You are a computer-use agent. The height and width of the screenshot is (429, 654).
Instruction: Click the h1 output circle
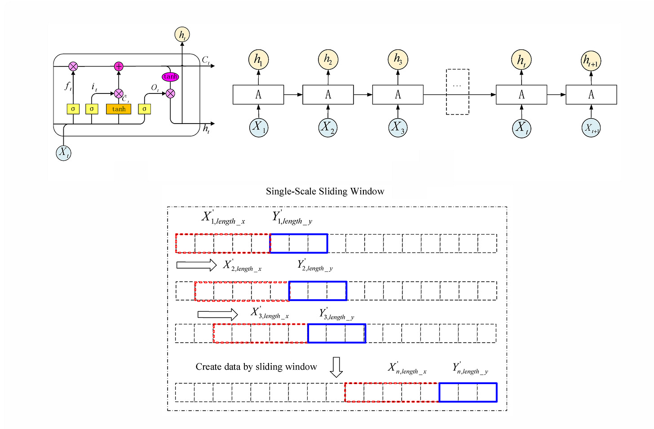258,59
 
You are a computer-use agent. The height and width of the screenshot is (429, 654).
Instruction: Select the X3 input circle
398,127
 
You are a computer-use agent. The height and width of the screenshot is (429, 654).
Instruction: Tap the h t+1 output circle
591,61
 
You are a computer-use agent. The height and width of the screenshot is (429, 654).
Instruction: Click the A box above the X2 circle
328,95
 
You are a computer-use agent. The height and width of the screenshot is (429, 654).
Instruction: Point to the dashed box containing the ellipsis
457,92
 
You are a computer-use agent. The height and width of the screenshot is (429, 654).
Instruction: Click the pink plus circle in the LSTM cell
119,66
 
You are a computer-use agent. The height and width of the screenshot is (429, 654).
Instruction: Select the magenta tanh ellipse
170,76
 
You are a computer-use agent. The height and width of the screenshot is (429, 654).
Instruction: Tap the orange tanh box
119,109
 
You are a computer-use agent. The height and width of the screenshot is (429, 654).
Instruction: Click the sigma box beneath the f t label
73,109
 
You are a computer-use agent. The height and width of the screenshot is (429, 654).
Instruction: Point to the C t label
206,60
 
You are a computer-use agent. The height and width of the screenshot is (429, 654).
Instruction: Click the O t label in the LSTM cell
155,88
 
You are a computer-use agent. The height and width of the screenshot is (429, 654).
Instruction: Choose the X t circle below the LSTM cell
64,153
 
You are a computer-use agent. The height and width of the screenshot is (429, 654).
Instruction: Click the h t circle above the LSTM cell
182,35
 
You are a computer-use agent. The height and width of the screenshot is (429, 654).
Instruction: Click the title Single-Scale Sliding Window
325,191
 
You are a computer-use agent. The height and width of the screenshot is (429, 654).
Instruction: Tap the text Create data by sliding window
256,367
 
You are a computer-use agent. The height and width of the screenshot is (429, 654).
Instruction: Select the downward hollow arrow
336,367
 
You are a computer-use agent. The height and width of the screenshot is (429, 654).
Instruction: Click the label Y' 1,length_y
292,218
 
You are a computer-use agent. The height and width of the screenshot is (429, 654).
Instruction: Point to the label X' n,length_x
407,369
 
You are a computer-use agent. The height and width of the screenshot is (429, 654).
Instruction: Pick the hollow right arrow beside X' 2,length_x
196,265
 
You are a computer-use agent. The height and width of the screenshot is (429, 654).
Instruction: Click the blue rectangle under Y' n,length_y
468,392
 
